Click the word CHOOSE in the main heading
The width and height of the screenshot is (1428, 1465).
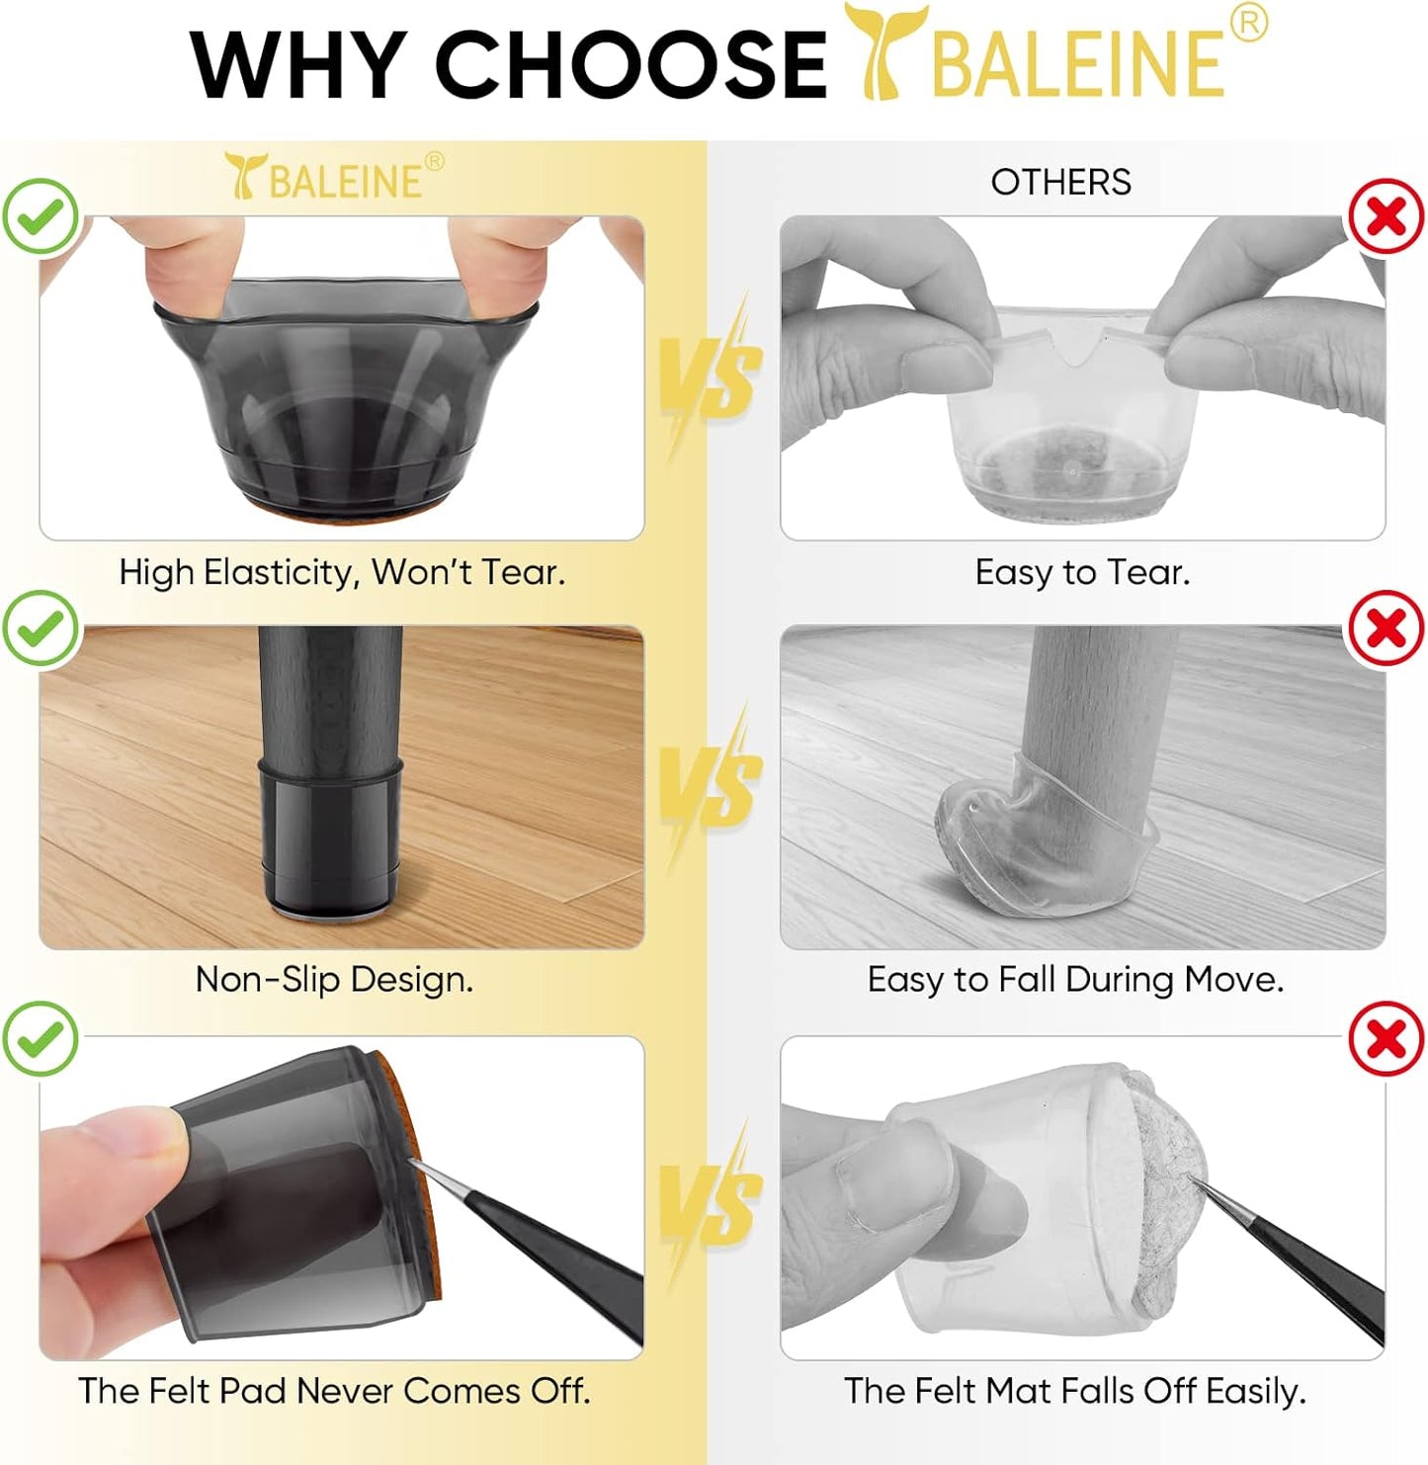coord(630,64)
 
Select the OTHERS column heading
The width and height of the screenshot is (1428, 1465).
coord(1060,182)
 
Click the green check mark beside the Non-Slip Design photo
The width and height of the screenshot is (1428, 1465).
coord(41,628)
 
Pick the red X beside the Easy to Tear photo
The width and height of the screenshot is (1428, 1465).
coord(1386,216)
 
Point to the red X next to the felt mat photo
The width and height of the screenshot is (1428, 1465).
coord(1386,1038)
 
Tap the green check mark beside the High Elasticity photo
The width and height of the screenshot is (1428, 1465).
coord(41,216)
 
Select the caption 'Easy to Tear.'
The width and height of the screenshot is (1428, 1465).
coord(1082,572)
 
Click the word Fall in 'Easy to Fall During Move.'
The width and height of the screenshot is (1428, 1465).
coord(1027,979)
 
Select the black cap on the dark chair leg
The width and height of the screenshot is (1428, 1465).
coord(330,830)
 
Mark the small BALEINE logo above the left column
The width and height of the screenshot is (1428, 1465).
coord(334,178)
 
